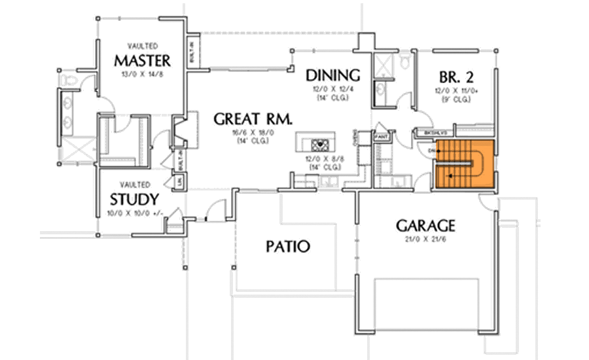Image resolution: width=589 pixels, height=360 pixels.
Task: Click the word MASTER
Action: [142, 61]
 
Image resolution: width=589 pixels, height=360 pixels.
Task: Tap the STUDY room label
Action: [134, 199]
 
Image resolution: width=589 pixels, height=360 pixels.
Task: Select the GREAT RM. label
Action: [253, 119]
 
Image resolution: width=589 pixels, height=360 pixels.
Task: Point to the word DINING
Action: [333, 75]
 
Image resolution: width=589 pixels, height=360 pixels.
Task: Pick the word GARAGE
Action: [425, 226]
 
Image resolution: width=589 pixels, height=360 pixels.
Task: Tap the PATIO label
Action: [287, 247]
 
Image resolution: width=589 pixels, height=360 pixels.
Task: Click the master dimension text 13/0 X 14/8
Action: [141, 75]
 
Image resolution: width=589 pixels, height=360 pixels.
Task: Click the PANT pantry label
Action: [382, 136]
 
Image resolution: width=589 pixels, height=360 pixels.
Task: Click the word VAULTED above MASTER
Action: [141, 47]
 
